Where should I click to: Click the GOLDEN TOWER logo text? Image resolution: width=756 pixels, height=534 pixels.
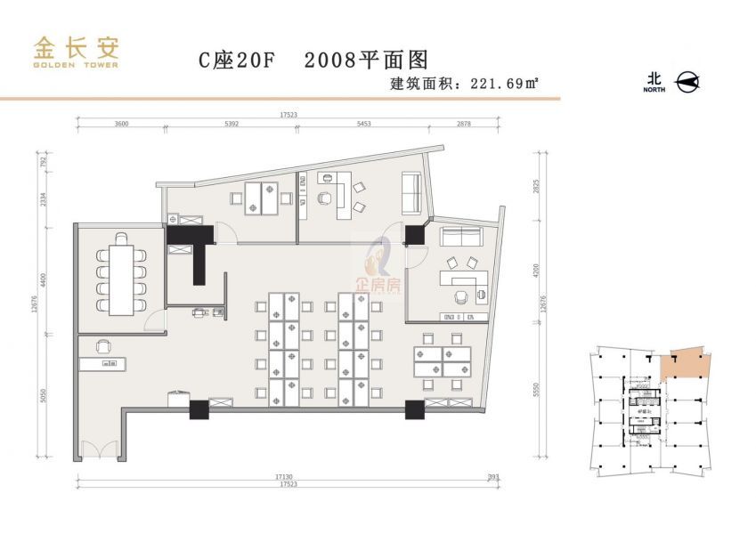tap(76, 64)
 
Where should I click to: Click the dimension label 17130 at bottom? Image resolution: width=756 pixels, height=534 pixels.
tap(287, 479)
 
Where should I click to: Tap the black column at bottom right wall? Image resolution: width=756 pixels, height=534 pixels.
tap(414, 410)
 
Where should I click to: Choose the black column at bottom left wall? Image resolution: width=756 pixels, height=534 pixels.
tap(199, 410)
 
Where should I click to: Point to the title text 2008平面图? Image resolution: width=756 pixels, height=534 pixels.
tap(367, 61)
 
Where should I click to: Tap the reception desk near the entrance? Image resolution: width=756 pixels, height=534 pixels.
tap(102, 363)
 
